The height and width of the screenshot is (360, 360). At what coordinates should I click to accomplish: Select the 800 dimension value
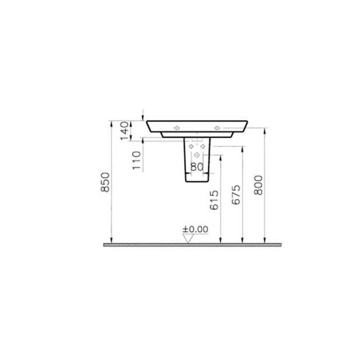(258, 183)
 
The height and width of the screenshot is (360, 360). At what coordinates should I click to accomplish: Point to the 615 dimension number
(213, 199)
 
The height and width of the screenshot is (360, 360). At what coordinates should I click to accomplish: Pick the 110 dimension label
(136, 160)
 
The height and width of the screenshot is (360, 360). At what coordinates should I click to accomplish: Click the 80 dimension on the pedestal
(196, 167)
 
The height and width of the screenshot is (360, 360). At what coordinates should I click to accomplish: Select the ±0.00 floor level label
(195, 229)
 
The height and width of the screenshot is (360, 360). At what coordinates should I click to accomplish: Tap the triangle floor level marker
(188, 238)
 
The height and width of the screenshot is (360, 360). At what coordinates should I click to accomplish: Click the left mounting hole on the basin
(177, 128)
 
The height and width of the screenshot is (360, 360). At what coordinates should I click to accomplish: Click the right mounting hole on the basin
(217, 128)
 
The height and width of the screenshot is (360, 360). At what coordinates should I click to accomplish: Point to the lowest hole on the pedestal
(196, 154)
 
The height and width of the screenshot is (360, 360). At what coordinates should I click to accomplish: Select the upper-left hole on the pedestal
(191, 147)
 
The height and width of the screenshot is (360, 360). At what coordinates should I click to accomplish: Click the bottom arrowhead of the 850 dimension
(110, 240)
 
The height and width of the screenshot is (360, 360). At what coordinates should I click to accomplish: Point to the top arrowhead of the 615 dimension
(220, 156)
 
